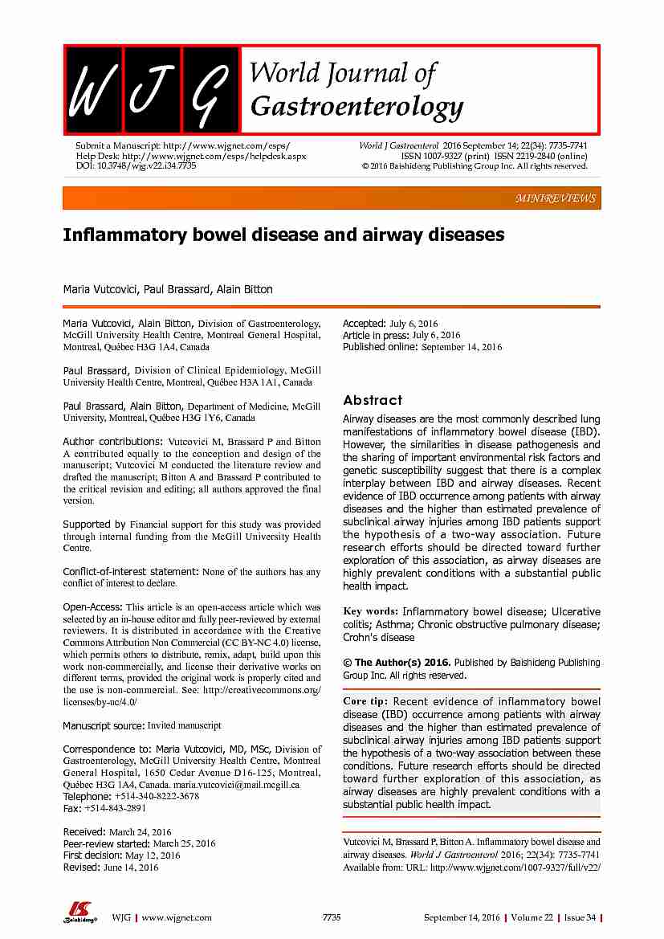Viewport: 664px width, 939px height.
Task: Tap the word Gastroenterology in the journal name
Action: pos(356,106)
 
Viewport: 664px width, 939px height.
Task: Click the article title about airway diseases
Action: pos(283,235)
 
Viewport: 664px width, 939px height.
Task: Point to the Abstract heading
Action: pos(373,400)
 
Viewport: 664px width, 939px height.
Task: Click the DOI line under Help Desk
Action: pos(136,165)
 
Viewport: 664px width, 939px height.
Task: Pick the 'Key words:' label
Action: pos(371,611)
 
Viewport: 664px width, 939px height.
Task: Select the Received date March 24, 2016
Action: pos(139,832)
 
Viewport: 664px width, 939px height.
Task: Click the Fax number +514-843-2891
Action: pos(115,808)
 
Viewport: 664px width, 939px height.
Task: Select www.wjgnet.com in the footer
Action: pos(177,917)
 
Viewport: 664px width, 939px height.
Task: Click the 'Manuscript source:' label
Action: pos(104,725)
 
